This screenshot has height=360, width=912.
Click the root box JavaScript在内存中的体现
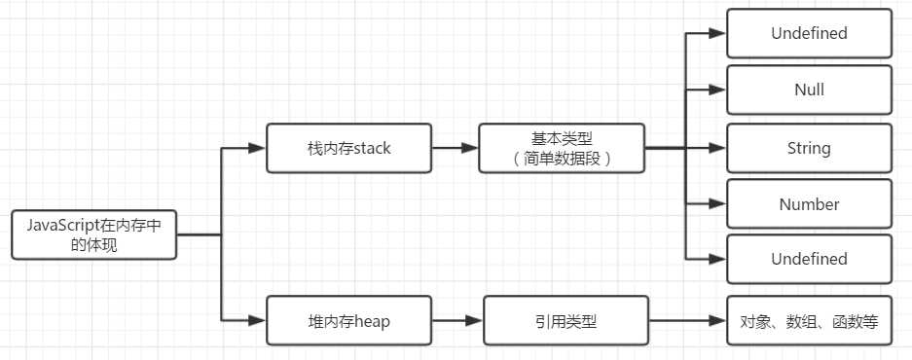tap(93, 234)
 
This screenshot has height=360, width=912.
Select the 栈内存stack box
tap(348, 149)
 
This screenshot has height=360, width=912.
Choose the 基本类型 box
tap(561, 149)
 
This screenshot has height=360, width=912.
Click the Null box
tap(809, 90)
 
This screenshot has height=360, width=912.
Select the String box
tap(809, 149)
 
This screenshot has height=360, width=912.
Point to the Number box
tap(809, 204)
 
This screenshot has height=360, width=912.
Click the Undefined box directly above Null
tap(809, 34)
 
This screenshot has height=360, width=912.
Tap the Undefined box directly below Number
tap(809, 260)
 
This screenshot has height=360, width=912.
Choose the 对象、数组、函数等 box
tap(809, 320)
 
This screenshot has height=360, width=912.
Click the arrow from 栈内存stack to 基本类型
tap(454, 149)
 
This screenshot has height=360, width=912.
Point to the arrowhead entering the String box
tap(718, 149)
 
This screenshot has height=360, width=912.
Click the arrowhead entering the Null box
tap(718, 90)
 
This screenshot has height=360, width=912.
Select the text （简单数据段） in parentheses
tap(561, 159)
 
